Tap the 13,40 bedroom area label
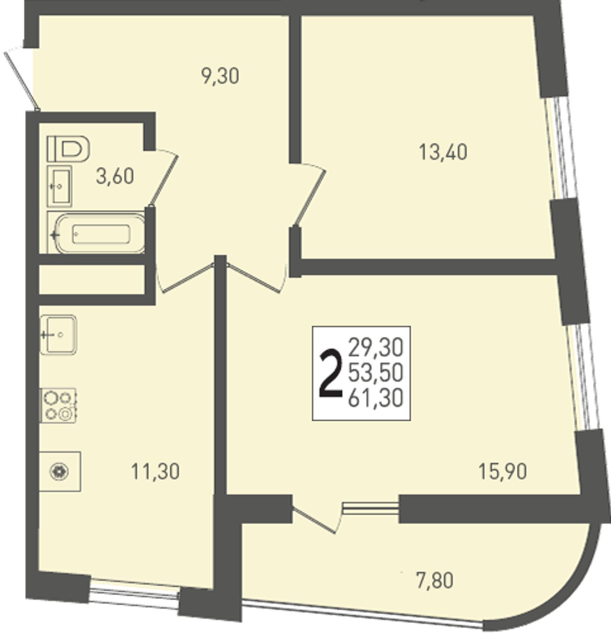click(x=442, y=152)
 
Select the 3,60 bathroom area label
click(x=115, y=177)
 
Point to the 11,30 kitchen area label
click(x=155, y=472)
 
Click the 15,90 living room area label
click(x=502, y=472)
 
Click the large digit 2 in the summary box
click(x=331, y=373)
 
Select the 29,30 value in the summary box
click(x=376, y=348)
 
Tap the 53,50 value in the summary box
click(x=376, y=373)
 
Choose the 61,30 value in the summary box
click(x=376, y=398)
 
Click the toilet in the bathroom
click(x=68, y=149)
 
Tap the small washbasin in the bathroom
click(x=59, y=186)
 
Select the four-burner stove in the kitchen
click(x=58, y=406)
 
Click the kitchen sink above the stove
click(x=58, y=335)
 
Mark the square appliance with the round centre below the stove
click(x=60, y=472)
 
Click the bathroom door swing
click(x=163, y=177)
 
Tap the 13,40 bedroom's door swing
click(x=309, y=194)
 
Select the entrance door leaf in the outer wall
click(x=21, y=78)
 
